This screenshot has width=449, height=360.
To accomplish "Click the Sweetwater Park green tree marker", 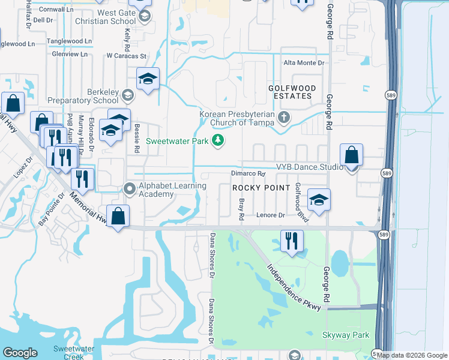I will pos(218,141).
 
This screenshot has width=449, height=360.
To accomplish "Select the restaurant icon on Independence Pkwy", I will pos(291,241).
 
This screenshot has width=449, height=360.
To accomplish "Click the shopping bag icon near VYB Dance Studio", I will pos(352,155).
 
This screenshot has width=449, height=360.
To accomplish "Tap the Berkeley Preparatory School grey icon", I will pos(127,95).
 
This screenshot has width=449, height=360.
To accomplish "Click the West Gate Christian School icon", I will pos(143,16).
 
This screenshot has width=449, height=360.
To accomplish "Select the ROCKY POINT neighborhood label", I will pos(257,188).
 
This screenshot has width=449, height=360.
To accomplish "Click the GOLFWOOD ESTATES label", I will pos(290,92).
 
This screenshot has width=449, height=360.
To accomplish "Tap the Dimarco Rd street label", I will pos(248,174).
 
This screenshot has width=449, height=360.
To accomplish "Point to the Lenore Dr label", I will pos(270,215).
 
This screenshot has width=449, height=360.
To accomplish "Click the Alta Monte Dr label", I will pos(304,62).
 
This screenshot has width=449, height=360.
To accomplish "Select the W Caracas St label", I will pos(126,56).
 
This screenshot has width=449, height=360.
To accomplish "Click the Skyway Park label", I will pos(346,335).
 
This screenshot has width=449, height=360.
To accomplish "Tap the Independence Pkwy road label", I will pos(295,287).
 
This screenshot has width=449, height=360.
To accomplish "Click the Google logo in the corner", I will pos(20,353).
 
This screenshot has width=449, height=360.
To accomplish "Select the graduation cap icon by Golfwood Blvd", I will pos(319,200).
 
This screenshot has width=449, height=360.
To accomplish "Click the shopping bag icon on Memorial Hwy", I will pos(119,216).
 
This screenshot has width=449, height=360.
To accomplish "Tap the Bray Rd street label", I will pos(241,208).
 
